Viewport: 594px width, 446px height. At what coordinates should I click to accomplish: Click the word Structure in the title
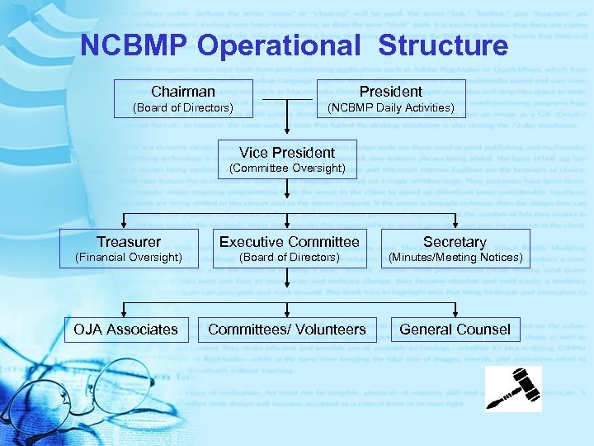tap(443, 45)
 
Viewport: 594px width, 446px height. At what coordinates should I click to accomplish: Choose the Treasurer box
tap(129, 249)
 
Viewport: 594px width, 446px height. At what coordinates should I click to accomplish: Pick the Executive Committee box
tap(289, 249)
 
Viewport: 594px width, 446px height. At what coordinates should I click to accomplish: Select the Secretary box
tap(455, 249)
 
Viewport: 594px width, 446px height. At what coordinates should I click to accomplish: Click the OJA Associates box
tap(125, 330)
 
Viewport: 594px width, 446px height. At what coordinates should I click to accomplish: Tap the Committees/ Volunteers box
tap(287, 330)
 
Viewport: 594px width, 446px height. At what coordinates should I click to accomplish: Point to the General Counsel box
tap(455, 330)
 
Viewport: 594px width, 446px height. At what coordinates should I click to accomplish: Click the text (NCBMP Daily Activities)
tap(391, 108)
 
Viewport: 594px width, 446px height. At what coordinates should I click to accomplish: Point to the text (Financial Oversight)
tap(129, 258)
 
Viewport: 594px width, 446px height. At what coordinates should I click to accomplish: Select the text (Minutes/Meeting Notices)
tap(455, 258)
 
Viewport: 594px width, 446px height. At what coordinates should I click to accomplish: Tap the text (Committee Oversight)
tap(287, 168)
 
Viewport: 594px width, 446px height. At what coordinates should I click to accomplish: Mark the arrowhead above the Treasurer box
tap(124, 222)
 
